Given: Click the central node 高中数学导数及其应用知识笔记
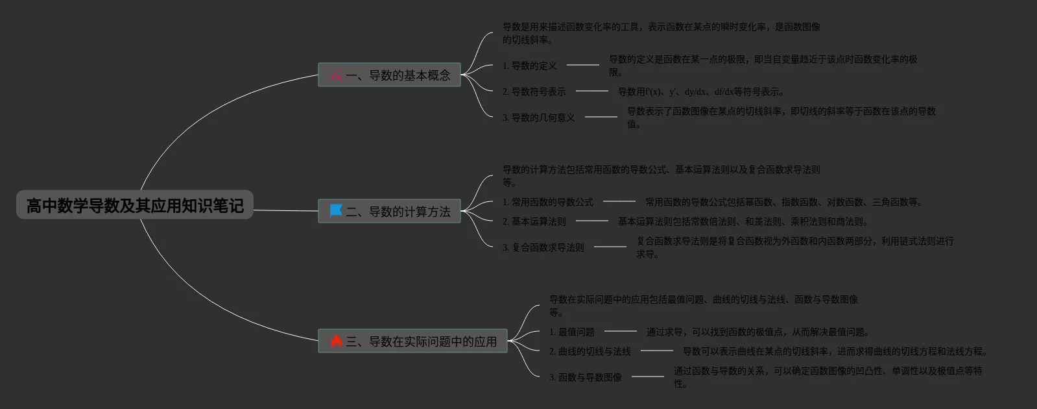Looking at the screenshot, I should point(134,206).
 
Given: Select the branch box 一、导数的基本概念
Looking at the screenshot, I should point(389,75).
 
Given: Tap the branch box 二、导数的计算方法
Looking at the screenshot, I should point(389,211).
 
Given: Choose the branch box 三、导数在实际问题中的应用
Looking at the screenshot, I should point(412,341).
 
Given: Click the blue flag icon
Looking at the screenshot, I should point(336,210).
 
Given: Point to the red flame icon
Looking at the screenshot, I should point(336,341).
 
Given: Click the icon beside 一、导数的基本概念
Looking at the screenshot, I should point(336,75).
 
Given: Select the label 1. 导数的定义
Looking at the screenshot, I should point(529,66).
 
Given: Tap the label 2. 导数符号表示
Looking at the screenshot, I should point(534,92).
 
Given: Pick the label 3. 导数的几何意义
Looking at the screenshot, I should point(538,118).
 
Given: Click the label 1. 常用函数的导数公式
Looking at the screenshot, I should point(547,202).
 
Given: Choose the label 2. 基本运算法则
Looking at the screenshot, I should point(534,221).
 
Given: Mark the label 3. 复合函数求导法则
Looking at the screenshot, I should point(543,247).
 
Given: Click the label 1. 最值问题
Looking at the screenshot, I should point(571,332).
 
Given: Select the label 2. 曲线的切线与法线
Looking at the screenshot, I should point(590,351).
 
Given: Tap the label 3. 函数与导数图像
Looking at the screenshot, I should point(585,377).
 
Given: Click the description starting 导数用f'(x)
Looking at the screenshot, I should point(700,92).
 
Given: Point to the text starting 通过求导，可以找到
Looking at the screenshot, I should point(757,332).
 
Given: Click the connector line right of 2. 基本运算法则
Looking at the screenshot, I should point(591,221).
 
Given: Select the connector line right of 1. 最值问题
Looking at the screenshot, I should point(620,331).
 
